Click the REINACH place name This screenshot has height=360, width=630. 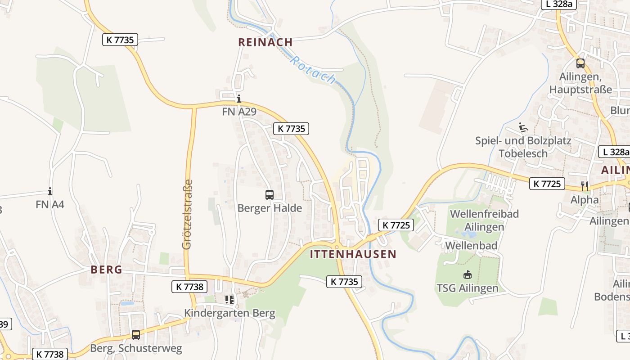click(265, 42)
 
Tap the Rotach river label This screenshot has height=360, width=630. click(313, 69)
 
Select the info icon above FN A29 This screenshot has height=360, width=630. click(239, 99)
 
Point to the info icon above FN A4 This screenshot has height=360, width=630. click(50, 192)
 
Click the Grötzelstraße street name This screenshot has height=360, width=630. click(188, 214)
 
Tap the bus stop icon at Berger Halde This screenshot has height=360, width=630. click(269, 195)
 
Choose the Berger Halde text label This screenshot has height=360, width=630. click(270, 208)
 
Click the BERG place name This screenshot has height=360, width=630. click(106, 270)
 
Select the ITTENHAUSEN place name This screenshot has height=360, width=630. click(353, 254)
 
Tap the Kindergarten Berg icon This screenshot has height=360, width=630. click(229, 299)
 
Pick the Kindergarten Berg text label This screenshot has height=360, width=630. click(229, 313)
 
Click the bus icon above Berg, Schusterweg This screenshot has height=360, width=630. click(136, 335)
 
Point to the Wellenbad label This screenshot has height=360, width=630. click(471, 246)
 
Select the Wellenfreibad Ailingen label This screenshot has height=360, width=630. click(484, 220)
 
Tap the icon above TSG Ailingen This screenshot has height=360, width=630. click(467, 274)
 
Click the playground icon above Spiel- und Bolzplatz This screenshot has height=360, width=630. click(523, 128)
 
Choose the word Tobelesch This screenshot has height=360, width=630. click(523, 153)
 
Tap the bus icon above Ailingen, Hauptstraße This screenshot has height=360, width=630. click(580, 63)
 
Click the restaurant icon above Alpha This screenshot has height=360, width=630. click(585, 185)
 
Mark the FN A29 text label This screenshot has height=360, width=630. click(239, 112)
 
